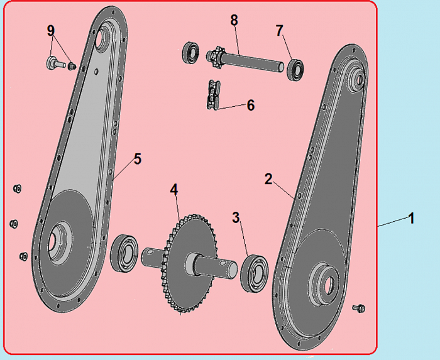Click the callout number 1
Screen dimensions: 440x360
click(x=411, y=218)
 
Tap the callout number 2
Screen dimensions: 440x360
click(x=268, y=179)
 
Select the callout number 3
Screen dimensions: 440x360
click(x=236, y=217)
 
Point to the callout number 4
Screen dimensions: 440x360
click(x=174, y=190)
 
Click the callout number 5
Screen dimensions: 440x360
click(x=138, y=159)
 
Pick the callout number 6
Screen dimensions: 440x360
click(x=251, y=106)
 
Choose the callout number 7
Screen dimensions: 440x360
click(x=279, y=31)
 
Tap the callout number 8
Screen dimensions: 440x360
click(x=234, y=20)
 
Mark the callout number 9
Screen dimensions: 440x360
click(x=50, y=31)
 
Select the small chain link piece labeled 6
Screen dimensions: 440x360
click(x=214, y=95)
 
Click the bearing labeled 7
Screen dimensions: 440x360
click(x=295, y=69)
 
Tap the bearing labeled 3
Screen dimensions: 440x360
click(x=254, y=273)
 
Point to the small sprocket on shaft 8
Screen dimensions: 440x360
click(x=214, y=57)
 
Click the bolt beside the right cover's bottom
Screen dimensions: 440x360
click(x=359, y=308)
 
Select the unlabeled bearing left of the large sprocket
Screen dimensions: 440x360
click(x=124, y=253)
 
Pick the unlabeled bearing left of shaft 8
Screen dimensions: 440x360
click(x=191, y=52)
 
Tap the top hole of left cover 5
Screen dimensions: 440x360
click(x=100, y=38)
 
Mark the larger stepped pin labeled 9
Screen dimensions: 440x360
click(x=55, y=63)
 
